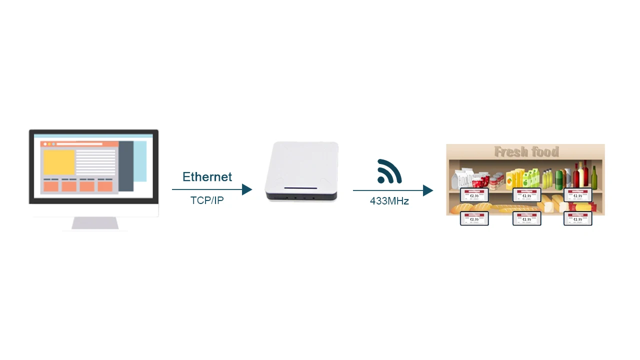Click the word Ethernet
(207, 177)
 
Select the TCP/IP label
(207, 200)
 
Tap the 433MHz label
(389, 201)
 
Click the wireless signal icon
(389, 171)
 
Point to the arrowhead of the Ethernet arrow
(247, 189)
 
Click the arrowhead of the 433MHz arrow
(428, 190)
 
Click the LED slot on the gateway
(300, 188)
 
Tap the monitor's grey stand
(95, 223)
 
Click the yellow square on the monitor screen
(59, 162)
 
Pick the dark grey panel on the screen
(126, 166)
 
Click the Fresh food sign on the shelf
(526, 151)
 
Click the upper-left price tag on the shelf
(474, 195)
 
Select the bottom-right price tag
(578, 219)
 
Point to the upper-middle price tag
(526, 195)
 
